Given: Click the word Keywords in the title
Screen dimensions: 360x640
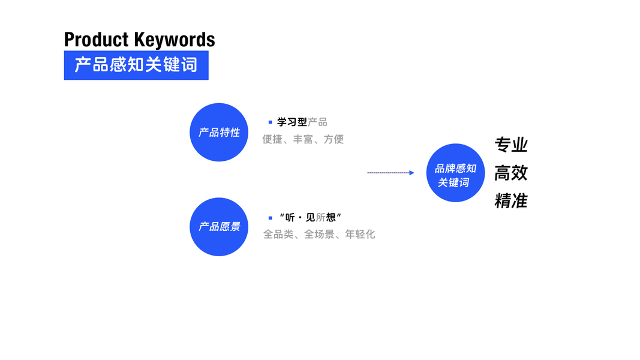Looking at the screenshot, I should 175,40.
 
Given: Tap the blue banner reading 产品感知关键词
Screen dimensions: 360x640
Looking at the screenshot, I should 136,65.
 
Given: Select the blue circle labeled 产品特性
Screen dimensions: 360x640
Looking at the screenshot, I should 219,132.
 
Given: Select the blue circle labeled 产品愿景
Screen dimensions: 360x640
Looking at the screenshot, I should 219,227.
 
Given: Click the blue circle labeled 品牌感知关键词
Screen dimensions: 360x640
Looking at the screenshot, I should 455,173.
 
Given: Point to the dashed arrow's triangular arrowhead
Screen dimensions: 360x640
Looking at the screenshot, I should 411,173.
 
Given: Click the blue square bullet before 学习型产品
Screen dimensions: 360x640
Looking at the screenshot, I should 270,122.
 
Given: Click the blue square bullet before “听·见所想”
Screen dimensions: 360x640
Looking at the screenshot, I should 270,218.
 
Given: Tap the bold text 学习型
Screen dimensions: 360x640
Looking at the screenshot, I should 292,122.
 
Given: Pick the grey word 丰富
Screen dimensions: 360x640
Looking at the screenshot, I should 303,139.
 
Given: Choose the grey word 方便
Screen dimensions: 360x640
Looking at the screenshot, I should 333,139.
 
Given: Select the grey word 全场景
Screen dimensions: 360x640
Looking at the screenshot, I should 319,234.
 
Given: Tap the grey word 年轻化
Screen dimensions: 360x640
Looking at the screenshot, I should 360,234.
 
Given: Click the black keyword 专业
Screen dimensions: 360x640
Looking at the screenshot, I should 511,145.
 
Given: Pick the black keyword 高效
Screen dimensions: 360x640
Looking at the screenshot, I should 511,173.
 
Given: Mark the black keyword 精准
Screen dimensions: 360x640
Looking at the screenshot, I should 511,200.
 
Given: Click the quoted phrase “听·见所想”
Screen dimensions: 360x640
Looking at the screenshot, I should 310,218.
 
